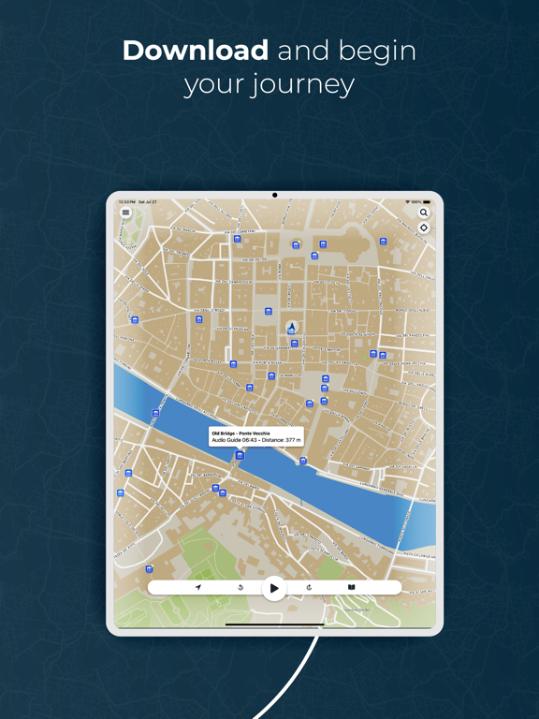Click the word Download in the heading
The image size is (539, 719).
196,51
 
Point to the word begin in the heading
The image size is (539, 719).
373,51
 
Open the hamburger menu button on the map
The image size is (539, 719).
126,213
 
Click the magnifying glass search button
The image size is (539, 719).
424,213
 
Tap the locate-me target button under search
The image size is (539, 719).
424,227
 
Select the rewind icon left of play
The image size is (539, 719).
240,588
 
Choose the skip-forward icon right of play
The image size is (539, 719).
309,588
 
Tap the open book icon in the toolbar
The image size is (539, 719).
351,588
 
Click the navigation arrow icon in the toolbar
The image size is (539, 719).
198,588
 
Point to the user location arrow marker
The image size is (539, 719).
292,329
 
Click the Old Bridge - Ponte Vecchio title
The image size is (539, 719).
240,433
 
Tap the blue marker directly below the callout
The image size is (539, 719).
240,456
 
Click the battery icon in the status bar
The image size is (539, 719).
427,202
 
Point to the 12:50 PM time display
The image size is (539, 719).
127,202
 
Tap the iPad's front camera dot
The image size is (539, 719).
274,196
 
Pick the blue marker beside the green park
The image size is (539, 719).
149,569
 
